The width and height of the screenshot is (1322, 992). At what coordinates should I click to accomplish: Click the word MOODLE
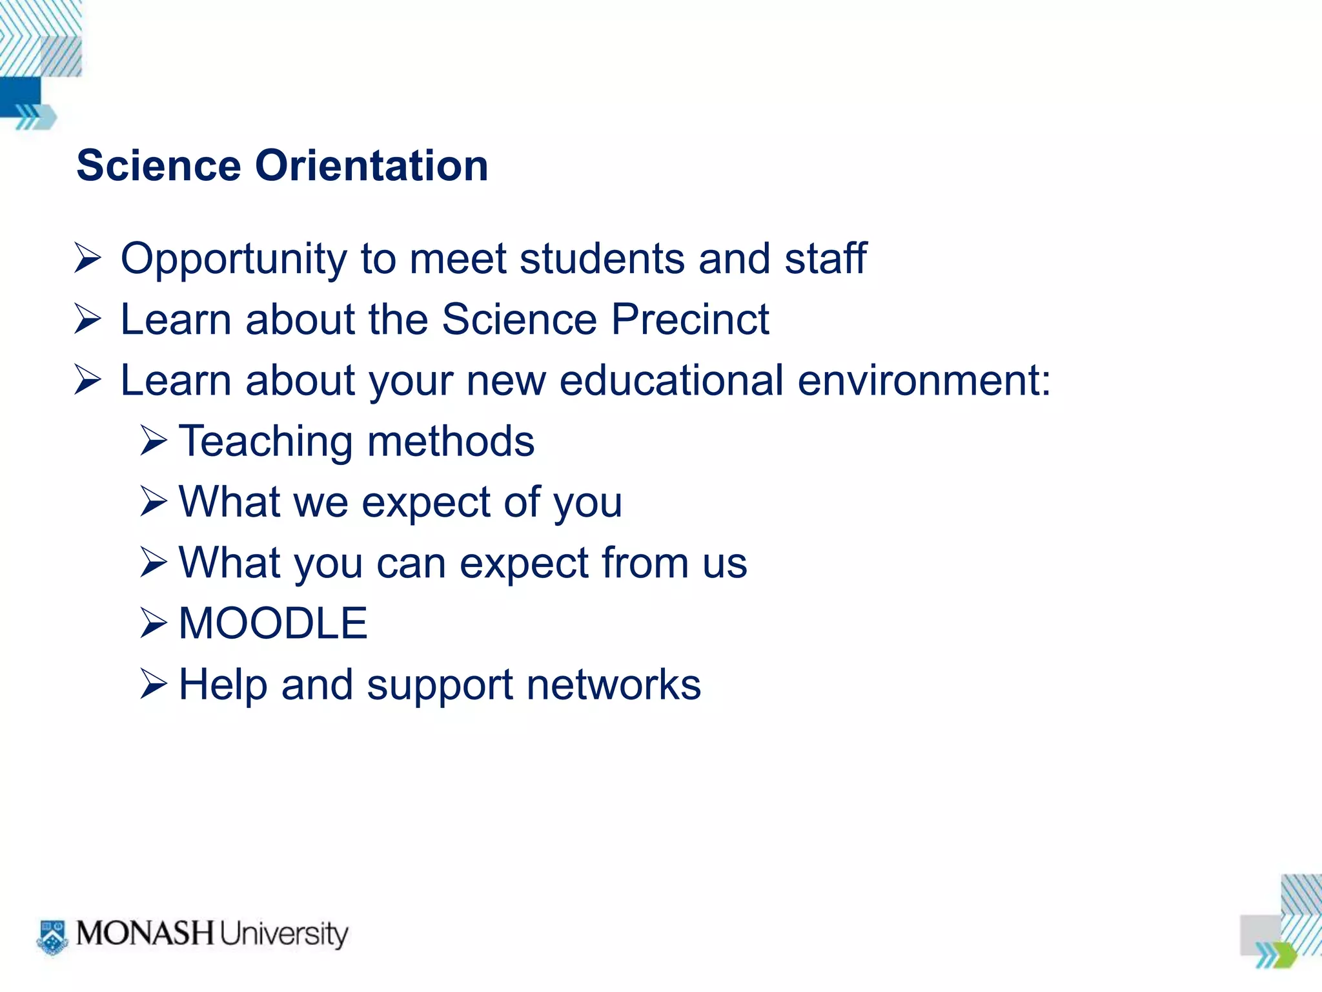tap(272, 623)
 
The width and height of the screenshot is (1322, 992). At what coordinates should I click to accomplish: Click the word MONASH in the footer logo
tap(145, 933)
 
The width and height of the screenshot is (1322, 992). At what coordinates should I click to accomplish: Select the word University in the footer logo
tap(283, 935)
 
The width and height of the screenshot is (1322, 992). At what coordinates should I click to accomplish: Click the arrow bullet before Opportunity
tap(88, 258)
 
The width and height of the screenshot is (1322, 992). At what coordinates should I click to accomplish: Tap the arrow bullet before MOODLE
tap(154, 623)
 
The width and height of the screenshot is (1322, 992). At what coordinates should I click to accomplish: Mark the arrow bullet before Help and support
tap(154, 684)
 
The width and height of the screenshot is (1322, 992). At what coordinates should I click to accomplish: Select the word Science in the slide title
tap(158, 166)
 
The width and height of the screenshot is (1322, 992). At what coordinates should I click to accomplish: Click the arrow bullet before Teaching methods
tap(154, 441)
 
